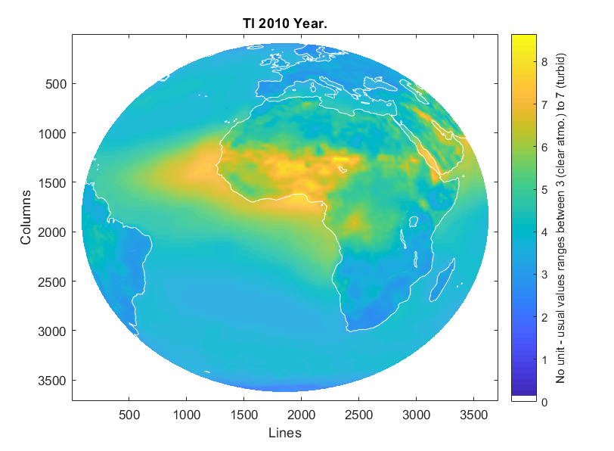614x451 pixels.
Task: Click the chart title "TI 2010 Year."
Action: (284, 24)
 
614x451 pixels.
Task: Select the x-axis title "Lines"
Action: (285, 433)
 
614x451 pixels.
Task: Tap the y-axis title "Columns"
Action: (26, 217)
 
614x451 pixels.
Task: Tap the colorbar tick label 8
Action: (544, 63)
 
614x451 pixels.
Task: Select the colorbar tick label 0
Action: (544, 402)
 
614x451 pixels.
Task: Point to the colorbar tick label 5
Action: (544, 190)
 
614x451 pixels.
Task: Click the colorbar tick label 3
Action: (544, 275)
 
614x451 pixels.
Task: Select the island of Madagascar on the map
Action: (445, 276)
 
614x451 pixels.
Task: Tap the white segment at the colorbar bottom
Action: (524, 398)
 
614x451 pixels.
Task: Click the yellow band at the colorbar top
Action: (524, 39)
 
